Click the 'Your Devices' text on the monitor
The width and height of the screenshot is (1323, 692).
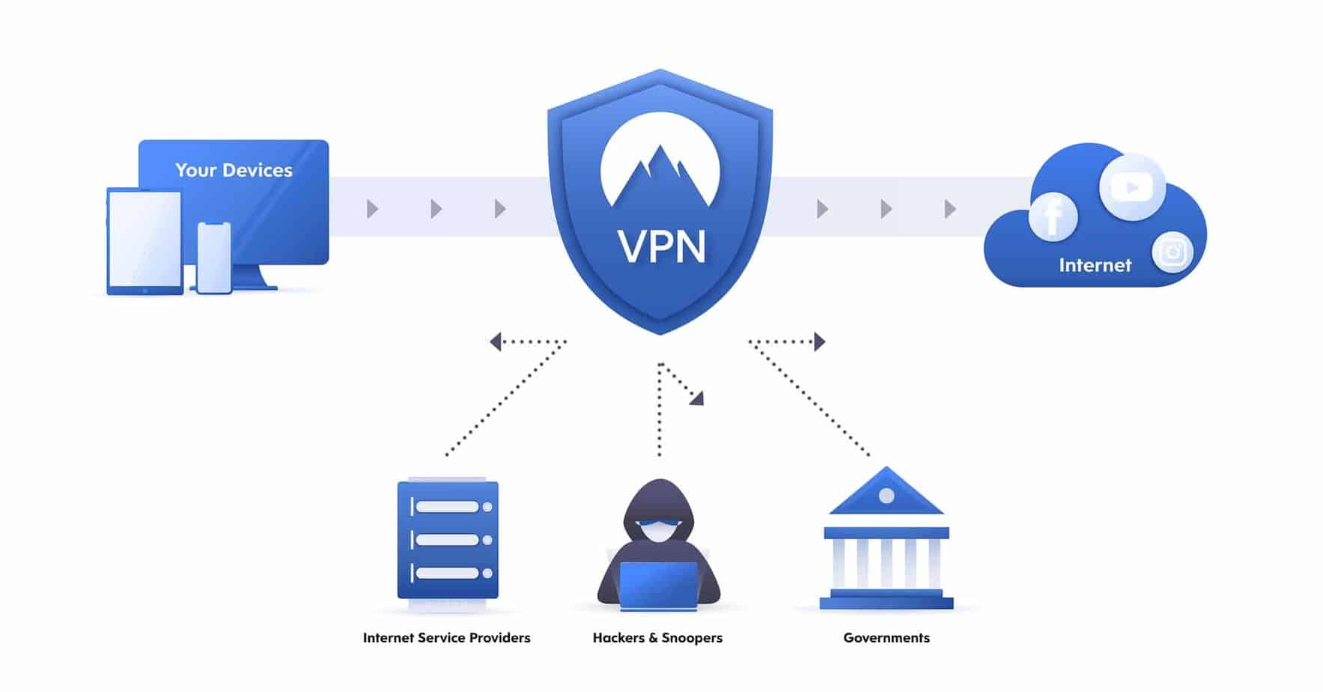(x=234, y=170)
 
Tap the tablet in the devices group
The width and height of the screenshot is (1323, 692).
(x=145, y=240)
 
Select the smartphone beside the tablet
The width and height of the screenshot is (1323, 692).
(x=214, y=258)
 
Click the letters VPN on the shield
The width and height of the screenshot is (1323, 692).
(x=661, y=246)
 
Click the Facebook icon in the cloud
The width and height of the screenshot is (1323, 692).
(x=1053, y=216)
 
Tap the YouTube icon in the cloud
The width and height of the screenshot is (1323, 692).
(x=1131, y=187)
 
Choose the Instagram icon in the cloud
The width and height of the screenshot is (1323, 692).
(x=1172, y=252)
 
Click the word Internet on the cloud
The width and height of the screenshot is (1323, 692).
(x=1095, y=265)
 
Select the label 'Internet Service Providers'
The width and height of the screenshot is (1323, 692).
(x=446, y=637)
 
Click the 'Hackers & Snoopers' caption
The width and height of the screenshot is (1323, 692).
(x=657, y=637)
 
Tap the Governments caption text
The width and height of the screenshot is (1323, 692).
(x=886, y=637)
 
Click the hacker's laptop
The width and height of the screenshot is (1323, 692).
(x=658, y=585)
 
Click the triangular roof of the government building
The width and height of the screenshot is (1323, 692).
(x=886, y=494)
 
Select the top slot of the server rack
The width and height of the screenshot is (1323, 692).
(x=448, y=507)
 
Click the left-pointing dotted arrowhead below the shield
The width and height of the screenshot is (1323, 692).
(x=495, y=342)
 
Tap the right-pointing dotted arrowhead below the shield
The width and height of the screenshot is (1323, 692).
(x=820, y=342)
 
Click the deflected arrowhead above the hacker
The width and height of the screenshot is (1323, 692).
(x=698, y=398)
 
